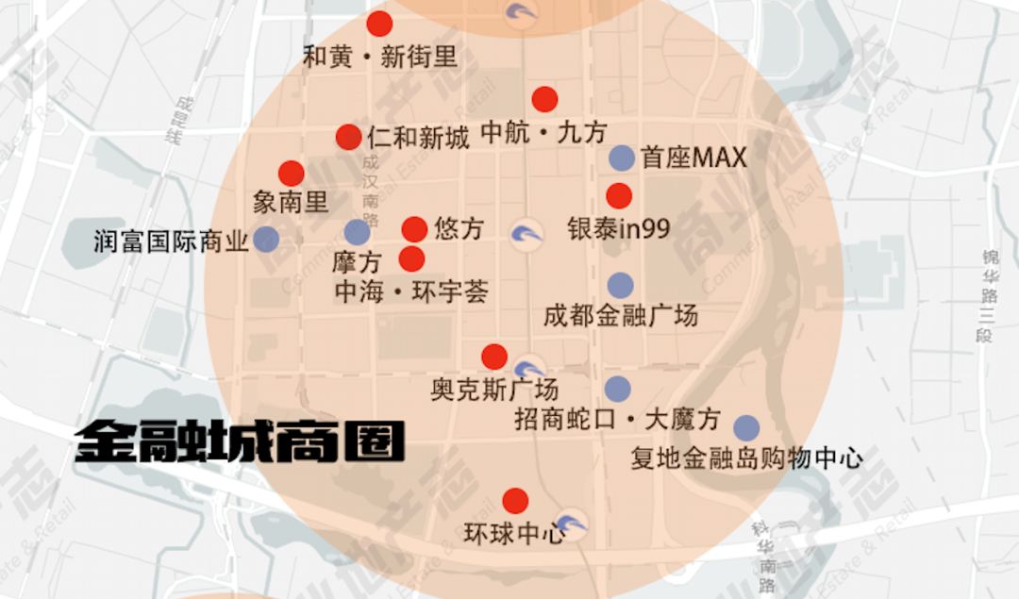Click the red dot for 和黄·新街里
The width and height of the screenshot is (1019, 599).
coord(379,24)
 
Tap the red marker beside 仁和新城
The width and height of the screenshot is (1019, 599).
coord(348,137)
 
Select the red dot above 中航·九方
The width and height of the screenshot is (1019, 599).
coord(544,99)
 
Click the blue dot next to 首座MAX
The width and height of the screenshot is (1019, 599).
coord(622,158)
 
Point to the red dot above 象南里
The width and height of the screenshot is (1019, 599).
coord(292,174)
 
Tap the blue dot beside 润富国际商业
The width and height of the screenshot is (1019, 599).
coord(266,239)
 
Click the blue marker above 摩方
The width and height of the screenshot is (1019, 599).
coord(357,232)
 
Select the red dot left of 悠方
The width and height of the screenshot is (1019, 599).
coord(414,229)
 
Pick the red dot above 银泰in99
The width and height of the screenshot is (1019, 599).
coord(619,196)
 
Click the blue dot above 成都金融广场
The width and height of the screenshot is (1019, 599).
coord(620,285)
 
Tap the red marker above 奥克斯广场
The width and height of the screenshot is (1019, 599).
coord(494,357)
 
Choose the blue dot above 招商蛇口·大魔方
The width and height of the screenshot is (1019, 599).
coord(617,389)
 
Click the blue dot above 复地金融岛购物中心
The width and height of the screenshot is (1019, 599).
coord(746,428)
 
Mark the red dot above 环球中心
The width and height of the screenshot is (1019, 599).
coord(515,501)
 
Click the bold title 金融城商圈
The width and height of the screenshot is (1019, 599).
coord(241,441)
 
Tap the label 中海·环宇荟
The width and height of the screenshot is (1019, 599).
coord(411,292)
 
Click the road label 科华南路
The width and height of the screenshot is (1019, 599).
coord(766,557)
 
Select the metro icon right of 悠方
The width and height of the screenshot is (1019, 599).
coord(526,234)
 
